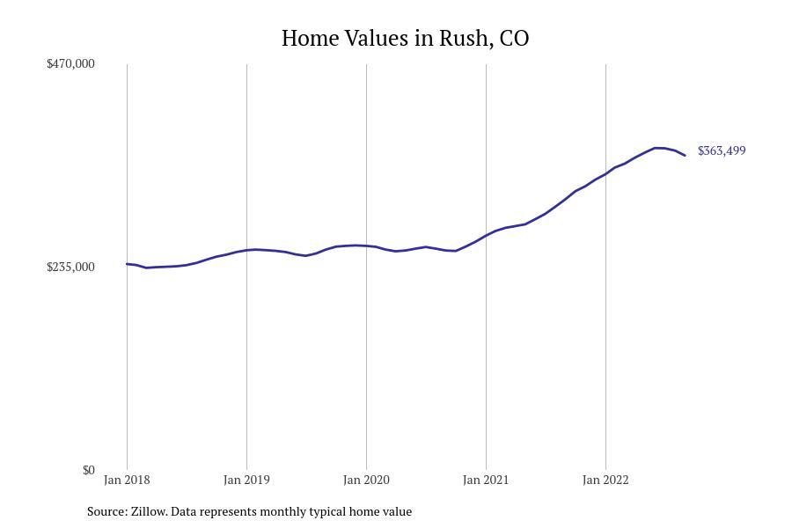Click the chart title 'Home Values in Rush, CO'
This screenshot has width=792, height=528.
[405, 39]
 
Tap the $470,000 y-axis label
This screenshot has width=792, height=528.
[70, 63]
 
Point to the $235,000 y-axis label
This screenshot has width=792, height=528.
[70, 267]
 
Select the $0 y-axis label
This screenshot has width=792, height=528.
[88, 470]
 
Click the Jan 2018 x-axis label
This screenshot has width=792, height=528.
[127, 480]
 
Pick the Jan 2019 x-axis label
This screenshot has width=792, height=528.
[246, 480]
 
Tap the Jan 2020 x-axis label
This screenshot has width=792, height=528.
[366, 480]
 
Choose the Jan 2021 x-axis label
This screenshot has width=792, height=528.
[486, 480]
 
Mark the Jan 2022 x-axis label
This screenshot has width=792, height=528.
[605, 480]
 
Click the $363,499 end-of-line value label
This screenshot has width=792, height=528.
[722, 150]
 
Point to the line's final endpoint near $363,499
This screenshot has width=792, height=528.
[685, 156]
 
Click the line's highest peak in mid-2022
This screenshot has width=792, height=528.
[656, 148]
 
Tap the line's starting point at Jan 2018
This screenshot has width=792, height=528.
[127, 264]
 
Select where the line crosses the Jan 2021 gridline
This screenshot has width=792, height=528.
[486, 235]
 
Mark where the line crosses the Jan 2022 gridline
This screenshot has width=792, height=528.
[605, 173]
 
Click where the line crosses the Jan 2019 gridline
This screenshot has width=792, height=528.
[246, 250]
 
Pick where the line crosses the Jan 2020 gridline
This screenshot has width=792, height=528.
[366, 246]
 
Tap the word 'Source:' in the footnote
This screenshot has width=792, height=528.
[106, 511]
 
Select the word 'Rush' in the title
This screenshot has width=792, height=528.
[468, 39]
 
